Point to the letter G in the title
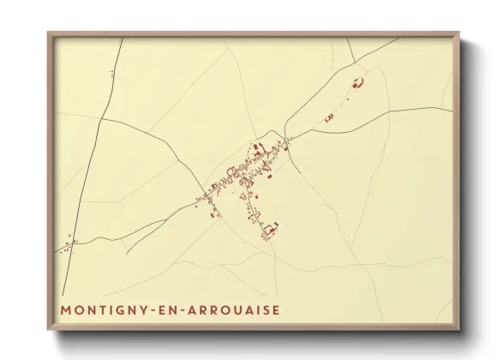click(120, 309)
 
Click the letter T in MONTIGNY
click(102, 309)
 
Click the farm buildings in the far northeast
click(358, 83)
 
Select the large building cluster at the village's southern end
click(271, 228)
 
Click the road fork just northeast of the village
click(290, 140)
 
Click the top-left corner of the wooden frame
click(49, 34)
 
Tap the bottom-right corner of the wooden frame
click(459, 329)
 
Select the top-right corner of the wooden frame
click(459, 34)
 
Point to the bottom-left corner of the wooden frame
click(49, 329)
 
